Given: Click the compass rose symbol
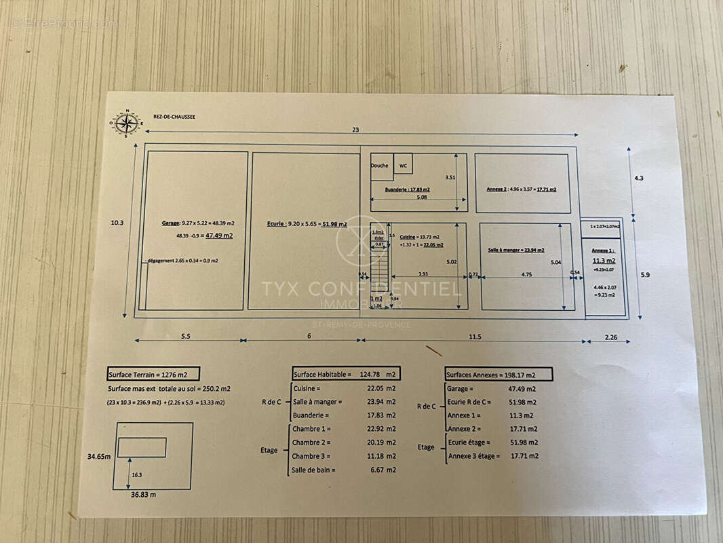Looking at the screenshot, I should (x=126, y=123).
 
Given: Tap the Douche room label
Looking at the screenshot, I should (x=380, y=166).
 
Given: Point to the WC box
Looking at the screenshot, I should (x=403, y=165).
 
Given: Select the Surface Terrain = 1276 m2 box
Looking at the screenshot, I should (x=147, y=374).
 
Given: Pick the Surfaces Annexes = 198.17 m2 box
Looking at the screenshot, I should (x=498, y=374).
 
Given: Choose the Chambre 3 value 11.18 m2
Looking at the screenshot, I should (x=381, y=455).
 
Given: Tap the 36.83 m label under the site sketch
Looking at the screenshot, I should (x=143, y=495).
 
